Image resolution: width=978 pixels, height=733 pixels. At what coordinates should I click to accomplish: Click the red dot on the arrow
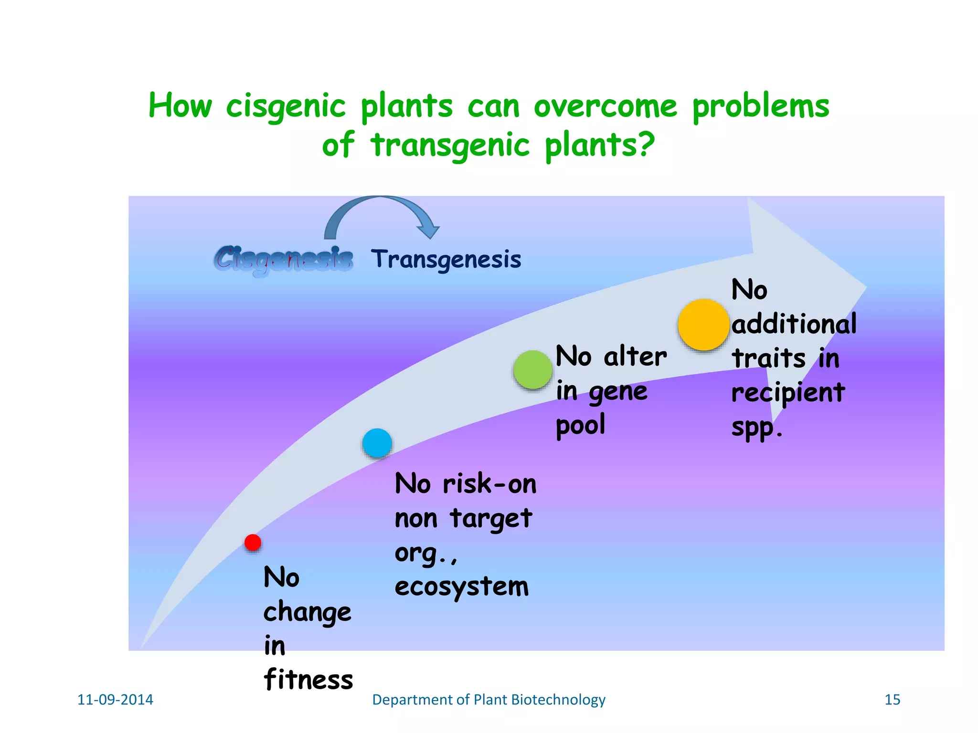[253, 543]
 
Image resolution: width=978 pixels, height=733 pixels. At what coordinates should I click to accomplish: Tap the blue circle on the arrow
[377, 443]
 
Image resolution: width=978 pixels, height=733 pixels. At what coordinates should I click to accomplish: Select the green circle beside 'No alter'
[533, 370]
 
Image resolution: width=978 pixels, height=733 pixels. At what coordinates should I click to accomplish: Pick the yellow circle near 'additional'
[703, 325]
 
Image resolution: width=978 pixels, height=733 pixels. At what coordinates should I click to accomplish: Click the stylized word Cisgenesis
[284, 260]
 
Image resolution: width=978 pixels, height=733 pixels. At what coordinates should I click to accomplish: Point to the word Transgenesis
[446, 260]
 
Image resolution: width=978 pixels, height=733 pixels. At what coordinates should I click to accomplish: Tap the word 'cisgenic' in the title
[286, 106]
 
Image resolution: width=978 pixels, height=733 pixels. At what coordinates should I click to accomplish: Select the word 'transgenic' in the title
[450, 145]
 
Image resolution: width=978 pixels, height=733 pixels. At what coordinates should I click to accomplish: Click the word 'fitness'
[308, 680]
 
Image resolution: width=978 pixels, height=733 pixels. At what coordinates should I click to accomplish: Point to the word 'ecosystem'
[462, 586]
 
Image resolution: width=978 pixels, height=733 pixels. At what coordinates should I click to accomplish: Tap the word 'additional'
[794, 325]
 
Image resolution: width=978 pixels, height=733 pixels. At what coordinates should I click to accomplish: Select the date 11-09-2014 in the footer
[115, 700]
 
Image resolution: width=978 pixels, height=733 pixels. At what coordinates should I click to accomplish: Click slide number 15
[892, 700]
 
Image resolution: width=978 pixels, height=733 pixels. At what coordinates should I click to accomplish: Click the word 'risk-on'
[489, 484]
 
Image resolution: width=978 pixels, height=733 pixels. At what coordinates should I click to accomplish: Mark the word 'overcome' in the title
[606, 106]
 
